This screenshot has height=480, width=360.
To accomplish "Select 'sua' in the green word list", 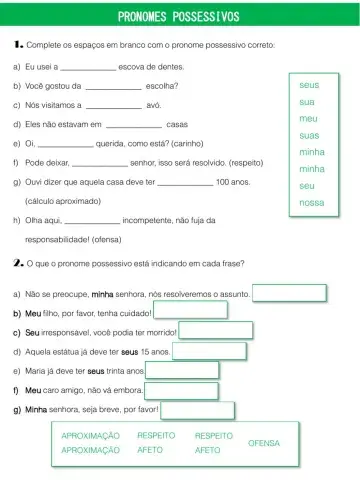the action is pyautogui.click(x=307, y=102).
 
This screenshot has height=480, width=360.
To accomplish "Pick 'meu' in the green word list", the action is pyautogui.click(x=307, y=119).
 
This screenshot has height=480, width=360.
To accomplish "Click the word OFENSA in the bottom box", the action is pyautogui.click(x=264, y=442).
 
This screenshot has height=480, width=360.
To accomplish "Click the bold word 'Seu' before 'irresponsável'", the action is pyautogui.click(x=31, y=332).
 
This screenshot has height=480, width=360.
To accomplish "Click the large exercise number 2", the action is pyautogui.click(x=17, y=262).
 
